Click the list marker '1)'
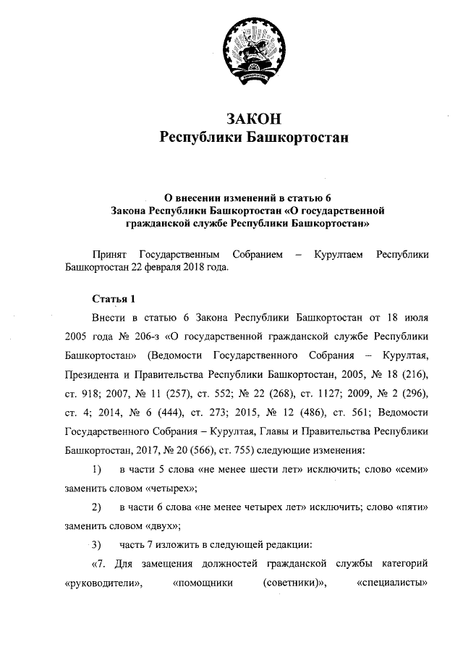[95, 468]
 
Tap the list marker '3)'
[95, 544]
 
